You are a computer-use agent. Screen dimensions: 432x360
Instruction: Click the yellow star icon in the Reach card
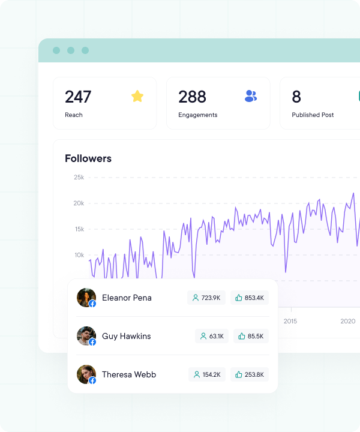(137, 96)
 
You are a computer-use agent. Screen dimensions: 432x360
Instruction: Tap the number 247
(78, 97)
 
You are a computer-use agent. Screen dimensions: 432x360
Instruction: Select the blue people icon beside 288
(251, 96)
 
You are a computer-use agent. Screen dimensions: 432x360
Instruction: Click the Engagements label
(198, 115)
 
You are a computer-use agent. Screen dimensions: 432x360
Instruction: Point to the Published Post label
(313, 115)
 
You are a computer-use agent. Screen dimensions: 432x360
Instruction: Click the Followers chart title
(88, 158)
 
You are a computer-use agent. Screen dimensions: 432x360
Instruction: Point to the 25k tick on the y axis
(79, 177)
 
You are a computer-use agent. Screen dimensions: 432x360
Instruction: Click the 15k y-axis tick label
(79, 229)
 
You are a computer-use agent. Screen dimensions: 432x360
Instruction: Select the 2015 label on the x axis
(290, 321)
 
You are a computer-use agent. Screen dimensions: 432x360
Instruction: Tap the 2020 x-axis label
(348, 321)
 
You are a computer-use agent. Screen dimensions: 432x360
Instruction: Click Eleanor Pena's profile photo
(86, 298)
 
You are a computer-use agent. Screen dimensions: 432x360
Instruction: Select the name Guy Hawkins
(127, 336)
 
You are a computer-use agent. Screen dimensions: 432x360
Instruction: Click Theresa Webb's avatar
(86, 374)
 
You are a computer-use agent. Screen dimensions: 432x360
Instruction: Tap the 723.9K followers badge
(206, 298)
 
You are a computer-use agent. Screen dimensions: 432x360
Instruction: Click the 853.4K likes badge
(250, 298)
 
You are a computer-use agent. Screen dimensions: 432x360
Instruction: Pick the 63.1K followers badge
(212, 336)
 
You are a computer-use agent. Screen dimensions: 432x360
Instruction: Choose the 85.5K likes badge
(251, 336)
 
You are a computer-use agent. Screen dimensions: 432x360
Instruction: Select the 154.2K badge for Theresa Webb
(207, 374)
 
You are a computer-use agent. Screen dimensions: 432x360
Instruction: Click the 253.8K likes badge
(250, 374)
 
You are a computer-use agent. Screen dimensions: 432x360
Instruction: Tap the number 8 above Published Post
(296, 97)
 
